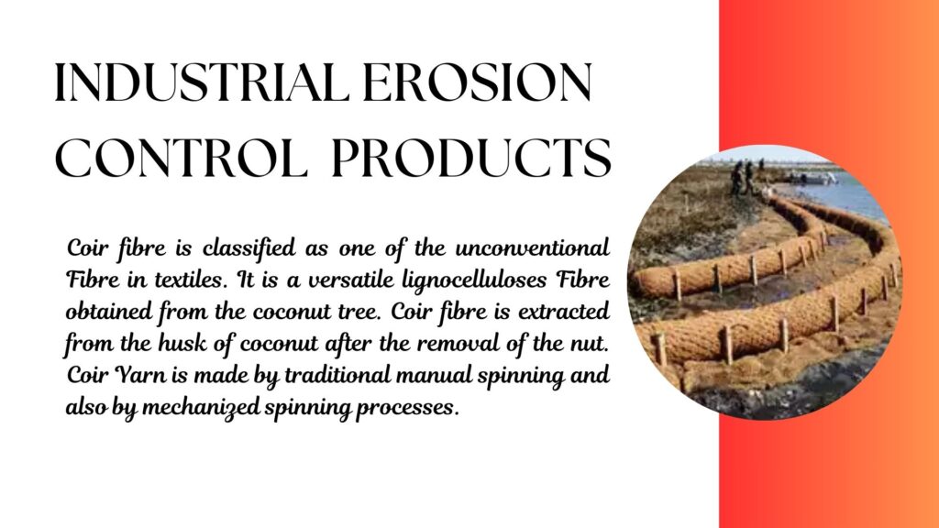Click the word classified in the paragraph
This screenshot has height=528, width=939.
click(x=249, y=248)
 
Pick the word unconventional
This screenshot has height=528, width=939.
click(x=533, y=247)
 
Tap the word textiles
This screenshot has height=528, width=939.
click(x=192, y=280)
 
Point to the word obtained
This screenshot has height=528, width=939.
click(x=108, y=312)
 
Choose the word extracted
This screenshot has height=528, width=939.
click(x=564, y=312)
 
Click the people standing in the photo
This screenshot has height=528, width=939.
click(x=743, y=178)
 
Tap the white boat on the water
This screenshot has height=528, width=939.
click(x=814, y=177)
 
